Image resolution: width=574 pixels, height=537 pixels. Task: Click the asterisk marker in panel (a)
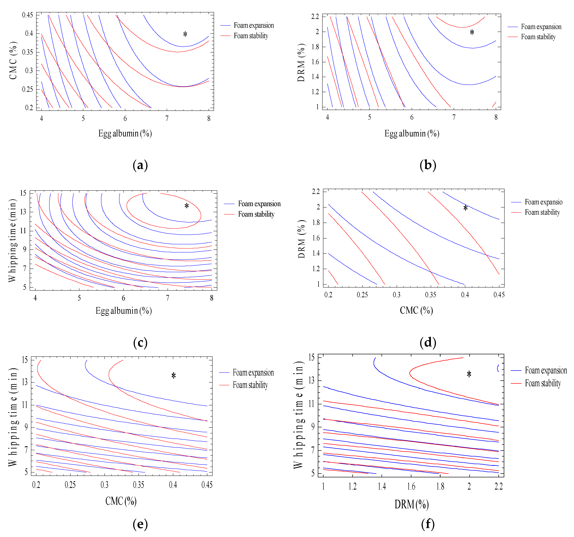pos(185,34)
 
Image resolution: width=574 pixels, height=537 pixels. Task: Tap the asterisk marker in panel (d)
pos(465,208)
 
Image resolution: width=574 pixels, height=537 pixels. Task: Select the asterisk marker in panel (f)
pos(469,375)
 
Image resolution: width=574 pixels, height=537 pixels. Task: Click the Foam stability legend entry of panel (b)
pos(538,37)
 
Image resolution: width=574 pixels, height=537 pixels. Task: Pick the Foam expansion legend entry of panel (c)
pos(259,204)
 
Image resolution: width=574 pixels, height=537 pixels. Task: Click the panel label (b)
pos(428,165)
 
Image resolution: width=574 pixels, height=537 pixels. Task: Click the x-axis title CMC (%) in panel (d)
pos(416,310)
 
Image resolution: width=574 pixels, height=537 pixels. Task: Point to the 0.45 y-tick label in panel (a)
pos(27,15)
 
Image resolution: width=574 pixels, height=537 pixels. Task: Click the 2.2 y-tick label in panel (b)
pos(315,16)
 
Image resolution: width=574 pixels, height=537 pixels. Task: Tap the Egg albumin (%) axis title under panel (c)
pos(124,311)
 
